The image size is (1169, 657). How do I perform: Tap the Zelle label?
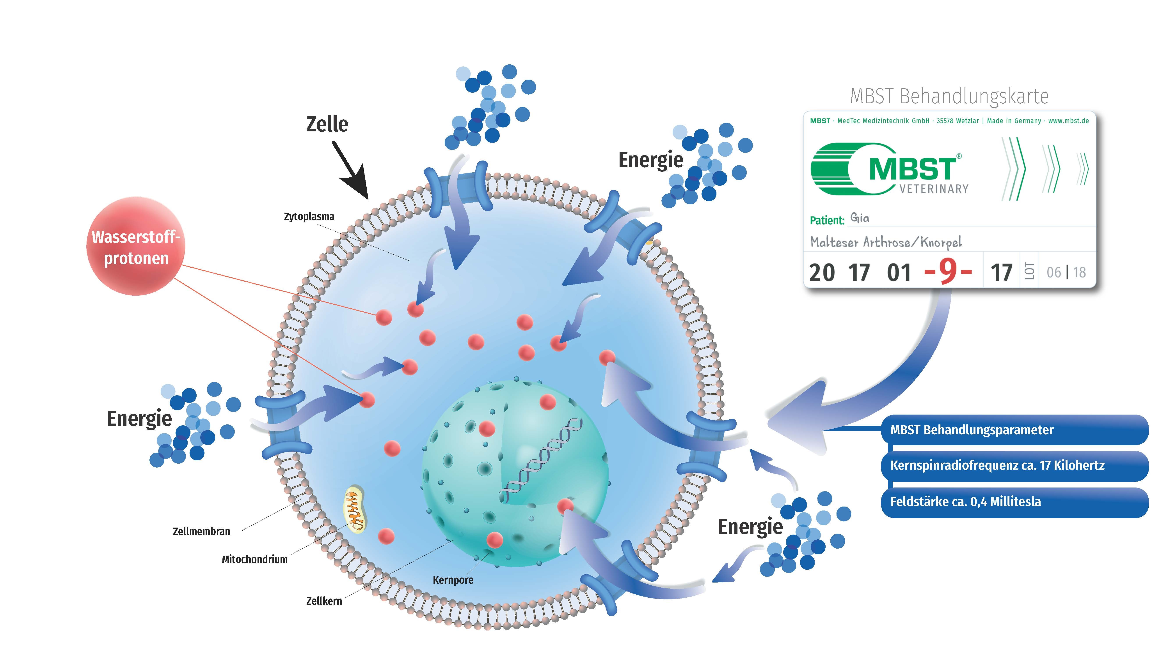327,124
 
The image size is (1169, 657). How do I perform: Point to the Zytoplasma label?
309,217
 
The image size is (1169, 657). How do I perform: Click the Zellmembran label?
201,532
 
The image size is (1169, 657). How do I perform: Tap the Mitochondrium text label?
255,560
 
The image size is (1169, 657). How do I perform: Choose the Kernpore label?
453,580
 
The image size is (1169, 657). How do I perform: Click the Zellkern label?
324,601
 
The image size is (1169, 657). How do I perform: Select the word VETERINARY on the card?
934,189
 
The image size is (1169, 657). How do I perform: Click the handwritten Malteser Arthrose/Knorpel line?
886,242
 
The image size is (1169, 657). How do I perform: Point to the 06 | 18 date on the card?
1066,272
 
